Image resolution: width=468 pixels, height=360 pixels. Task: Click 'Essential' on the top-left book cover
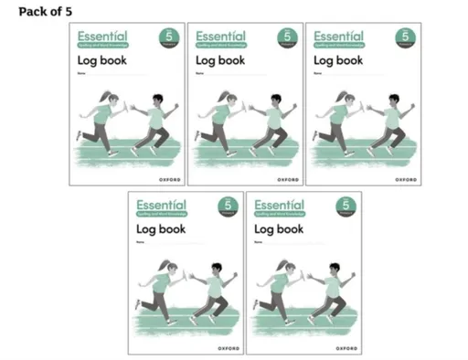(x=102, y=36)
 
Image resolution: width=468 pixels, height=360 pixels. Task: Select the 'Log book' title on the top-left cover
(x=101, y=61)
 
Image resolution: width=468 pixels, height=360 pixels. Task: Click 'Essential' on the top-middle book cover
(x=220, y=36)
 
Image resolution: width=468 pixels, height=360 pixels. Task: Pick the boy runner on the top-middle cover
(x=271, y=123)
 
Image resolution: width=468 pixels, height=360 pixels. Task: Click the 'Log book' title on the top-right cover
(x=337, y=61)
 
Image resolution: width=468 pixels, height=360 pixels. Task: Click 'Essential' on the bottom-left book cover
(x=162, y=205)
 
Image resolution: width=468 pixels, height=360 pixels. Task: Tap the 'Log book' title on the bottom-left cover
(x=161, y=229)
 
